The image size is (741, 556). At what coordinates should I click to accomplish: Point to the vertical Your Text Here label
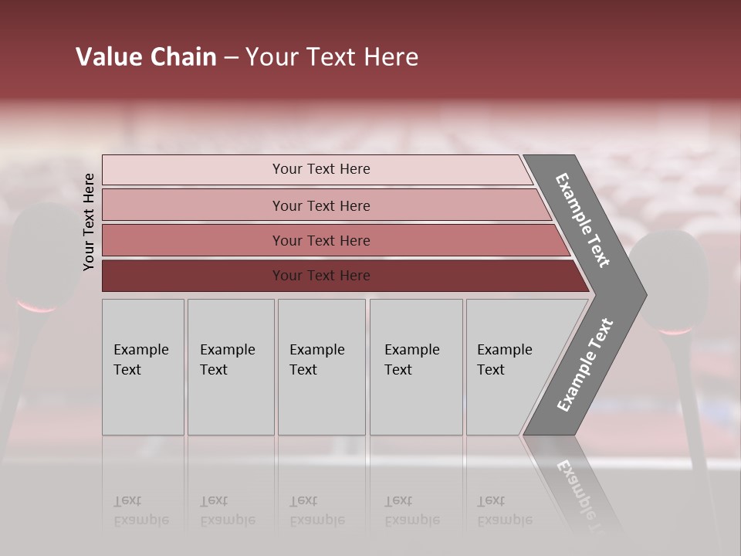[x=89, y=222]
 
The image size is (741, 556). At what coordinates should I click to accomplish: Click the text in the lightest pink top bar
[x=321, y=169]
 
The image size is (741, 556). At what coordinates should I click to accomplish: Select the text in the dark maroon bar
[x=321, y=276]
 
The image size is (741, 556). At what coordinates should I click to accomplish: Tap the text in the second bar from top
[x=321, y=206]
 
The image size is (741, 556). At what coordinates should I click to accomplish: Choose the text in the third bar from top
[x=321, y=241]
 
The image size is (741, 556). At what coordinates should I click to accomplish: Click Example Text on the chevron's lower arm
[x=585, y=365]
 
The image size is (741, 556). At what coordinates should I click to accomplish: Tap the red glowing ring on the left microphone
[x=37, y=307]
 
